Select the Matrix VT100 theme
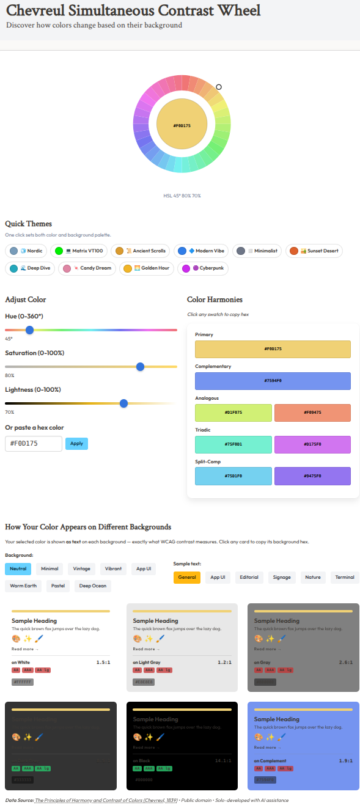pyautogui.click(x=79, y=251)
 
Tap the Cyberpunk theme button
pyautogui.click(x=203, y=268)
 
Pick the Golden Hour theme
pyautogui.click(x=146, y=268)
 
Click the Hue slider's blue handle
pyautogui.click(x=29, y=330)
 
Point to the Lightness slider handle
pyautogui.click(x=124, y=403)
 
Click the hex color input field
pyautogui.click(x=34, y=444)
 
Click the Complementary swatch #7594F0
pyautogui.click(x=273, y=381)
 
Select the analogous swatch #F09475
pyautogui.click(x=312, y=413)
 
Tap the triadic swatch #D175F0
pyautogui.click(x=312, y=444)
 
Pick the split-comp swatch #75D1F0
pyautogui.click(x=233, y=476)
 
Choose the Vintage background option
pyautogui.click(x=82, y=569)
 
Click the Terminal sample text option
pyautogui.click(x=345, y=578)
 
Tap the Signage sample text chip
pyautogui.click(x=282, y=578)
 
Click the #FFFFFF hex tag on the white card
pyautogui.click(x=22, y=682)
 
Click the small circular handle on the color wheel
pyautogui.click(x=219, y=87)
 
